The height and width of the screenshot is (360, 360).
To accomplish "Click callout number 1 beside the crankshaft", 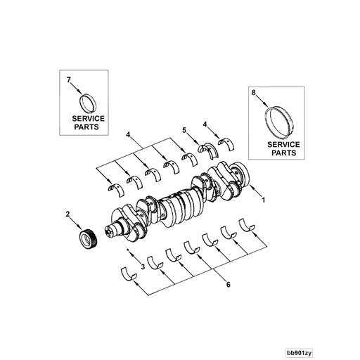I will coord(263,200).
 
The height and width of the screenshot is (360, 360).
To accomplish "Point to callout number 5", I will coord(184,130).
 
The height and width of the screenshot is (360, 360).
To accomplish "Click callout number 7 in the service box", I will coord(69,81).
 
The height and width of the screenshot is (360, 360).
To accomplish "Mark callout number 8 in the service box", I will coord(253,91).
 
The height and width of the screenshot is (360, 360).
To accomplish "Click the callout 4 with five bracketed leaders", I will coord(129,133).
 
